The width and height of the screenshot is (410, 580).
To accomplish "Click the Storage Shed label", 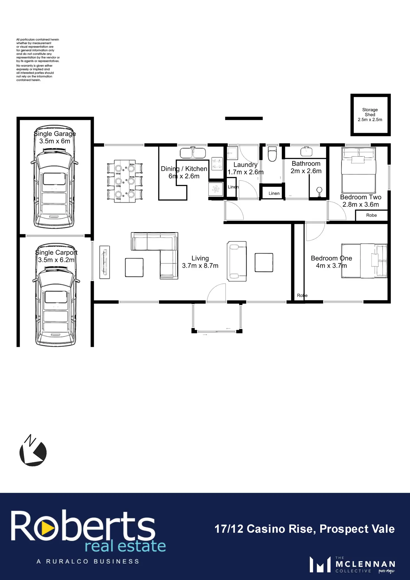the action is coord(370,115).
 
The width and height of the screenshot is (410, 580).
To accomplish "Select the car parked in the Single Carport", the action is coord(56,295).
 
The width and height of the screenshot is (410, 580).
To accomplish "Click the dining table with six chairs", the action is coord(125,181).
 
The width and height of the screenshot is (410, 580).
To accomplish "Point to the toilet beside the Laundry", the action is coord(272,154).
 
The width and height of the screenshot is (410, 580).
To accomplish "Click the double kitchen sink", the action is coord(193,153).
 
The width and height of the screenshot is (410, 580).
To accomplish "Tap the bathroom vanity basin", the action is coord(306,151).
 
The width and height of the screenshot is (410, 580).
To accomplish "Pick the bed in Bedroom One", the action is coord(364,261).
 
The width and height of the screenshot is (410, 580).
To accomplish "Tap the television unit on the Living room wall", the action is coord(105,262).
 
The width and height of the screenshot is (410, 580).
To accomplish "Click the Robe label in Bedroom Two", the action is coord(371,215).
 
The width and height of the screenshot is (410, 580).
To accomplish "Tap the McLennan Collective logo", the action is coord(352,565).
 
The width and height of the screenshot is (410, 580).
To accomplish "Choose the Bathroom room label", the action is coord(306,164).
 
